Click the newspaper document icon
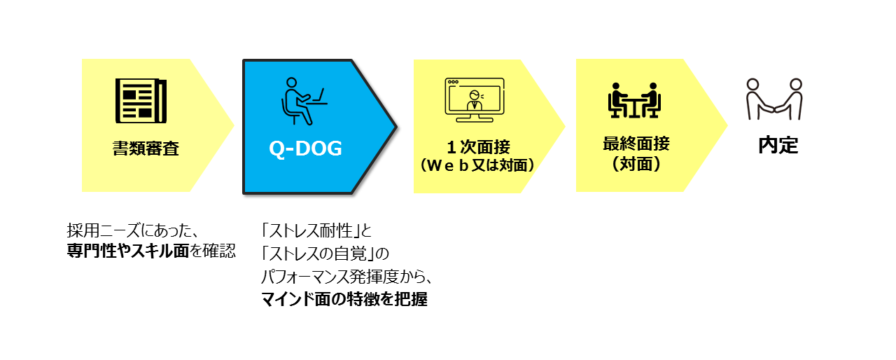pos(141,101)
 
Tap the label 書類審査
pos(146,148)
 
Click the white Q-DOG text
pos(306,148)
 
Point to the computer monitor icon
pos(475,100)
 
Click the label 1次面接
pos(478,147)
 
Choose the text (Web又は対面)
pos(477,165)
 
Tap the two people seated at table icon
pos(634,100)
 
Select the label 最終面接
pos(636,144)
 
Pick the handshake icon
pos(774,99)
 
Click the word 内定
pos(778,145)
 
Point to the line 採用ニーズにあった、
pos(133,230)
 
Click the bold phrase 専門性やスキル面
pos(127,251)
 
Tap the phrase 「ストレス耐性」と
pos(316,230)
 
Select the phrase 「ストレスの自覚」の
pos(325,254)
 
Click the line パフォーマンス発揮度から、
pos(346,276)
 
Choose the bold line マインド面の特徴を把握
pos(344,299)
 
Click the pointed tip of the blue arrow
pos(396,127)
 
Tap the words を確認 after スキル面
pos(213,251)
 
